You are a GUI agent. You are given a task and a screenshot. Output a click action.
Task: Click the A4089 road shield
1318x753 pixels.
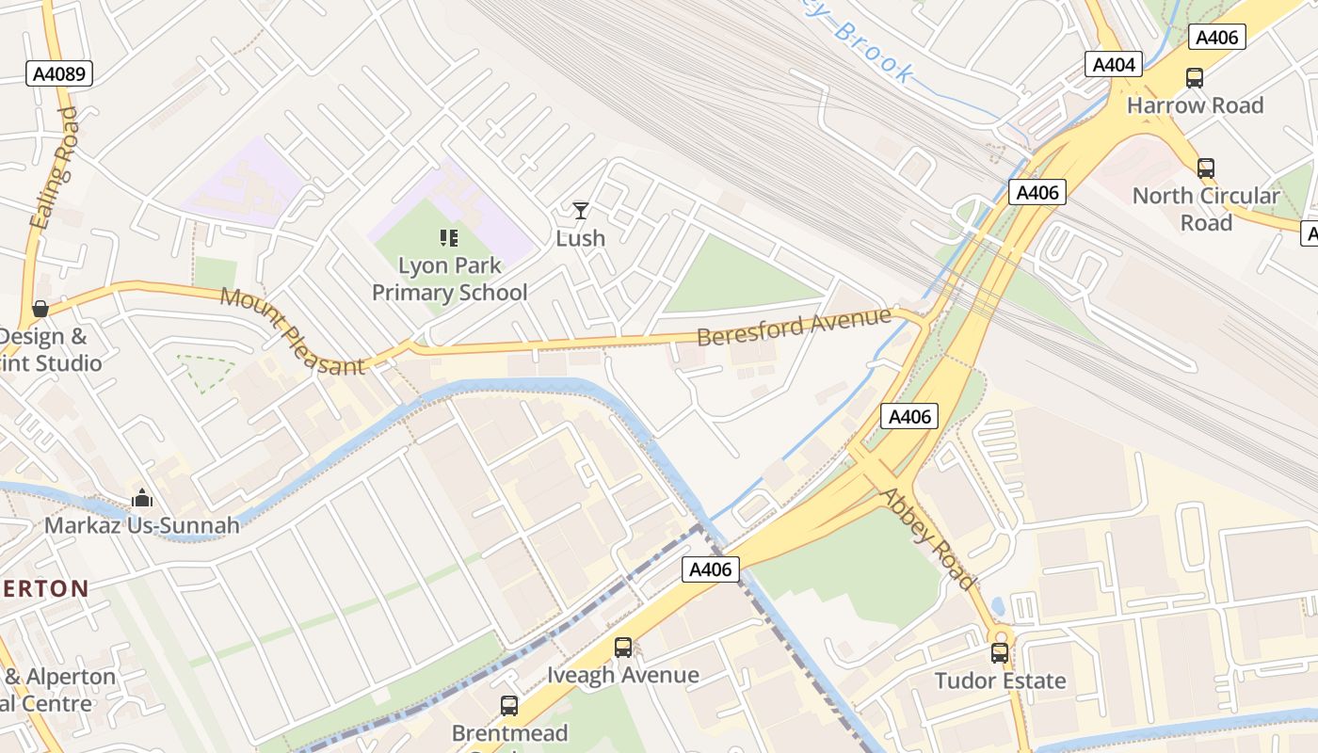(x=59, y=74)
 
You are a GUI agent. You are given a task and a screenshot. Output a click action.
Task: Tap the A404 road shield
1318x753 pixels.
(x=1115, y=64)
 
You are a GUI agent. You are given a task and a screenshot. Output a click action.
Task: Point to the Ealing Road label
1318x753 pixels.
(x=54, y=168)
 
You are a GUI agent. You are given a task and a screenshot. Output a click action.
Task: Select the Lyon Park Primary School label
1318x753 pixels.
(x=449, y=280)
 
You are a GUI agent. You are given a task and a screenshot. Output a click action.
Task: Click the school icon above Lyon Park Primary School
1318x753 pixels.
(x=448, y=238)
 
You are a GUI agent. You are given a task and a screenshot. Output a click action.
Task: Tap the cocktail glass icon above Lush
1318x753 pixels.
(x=581, y=210)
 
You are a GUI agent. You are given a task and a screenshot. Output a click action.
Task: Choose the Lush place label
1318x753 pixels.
(x=581, y=238)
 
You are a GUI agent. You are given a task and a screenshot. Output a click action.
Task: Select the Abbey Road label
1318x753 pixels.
(x=927, y=538)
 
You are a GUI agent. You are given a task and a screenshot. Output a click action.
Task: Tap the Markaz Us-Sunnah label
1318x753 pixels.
(x=142, y=525)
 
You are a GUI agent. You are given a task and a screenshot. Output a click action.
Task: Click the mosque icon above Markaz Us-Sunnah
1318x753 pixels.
(x=142, y=497)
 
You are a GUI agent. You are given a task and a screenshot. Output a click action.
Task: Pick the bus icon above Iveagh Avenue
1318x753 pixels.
(x=623, y=648)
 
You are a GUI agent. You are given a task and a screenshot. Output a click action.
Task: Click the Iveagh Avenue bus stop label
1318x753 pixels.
(x=623, y=676)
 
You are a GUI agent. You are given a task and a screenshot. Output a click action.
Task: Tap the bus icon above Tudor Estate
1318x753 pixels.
(x=1000, y=652)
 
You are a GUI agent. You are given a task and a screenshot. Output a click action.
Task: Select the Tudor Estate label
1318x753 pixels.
(x=1000, y=681)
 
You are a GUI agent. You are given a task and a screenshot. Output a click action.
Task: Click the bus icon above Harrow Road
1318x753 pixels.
(x=1195, y=78)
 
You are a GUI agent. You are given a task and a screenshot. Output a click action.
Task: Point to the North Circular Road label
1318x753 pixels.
(x=1206, y=209)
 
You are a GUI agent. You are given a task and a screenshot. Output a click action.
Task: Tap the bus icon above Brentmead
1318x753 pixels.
(x=509, y=705)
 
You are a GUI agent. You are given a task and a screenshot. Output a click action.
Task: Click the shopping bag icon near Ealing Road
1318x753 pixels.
(x=40, y=309)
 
